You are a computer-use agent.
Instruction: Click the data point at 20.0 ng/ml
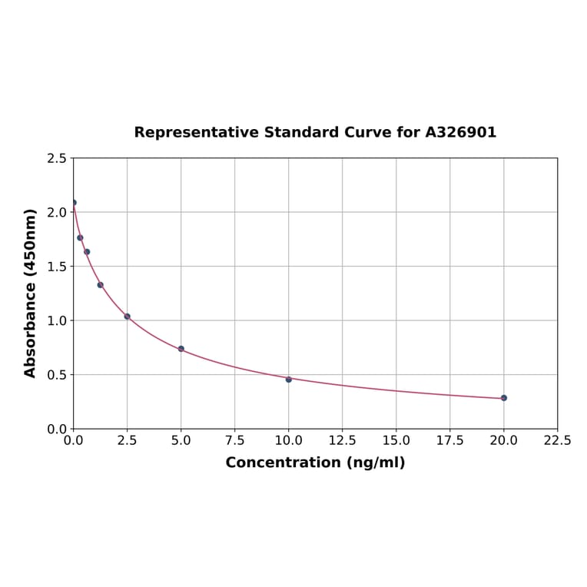pyautogui.click(x=504, y=398)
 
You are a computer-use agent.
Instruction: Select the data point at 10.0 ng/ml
pyautogui.click(x=289, y=380)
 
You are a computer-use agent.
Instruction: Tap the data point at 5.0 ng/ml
pyautogui.click(x=181, y=349)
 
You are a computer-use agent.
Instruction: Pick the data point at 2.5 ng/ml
pyautogui.click(x=128, y=317)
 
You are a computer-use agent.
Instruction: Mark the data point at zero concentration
pyautogui.click(x=74, y=203)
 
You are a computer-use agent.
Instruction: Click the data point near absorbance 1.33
pyautogui.click(x=101, y=285)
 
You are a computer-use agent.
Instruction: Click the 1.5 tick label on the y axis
pyautogui.click(x=56, y=267)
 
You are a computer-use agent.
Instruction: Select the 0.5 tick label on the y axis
pyautogui.click(x=56, y=375)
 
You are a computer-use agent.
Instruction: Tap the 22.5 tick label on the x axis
pyautogui.click(x=557, y=441)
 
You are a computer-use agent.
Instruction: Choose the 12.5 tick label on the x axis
pyautogui.click(x=342, y=441)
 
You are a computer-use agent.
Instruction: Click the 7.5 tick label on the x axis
pyautogui.click(x=234, y=441)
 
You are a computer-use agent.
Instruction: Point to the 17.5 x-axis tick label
pyautogui.click(x=449, y=441)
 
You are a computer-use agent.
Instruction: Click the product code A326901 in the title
pyautogui.click(x=461, y=133)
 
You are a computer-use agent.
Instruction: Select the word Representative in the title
pyautogui.click(x=196, y=133)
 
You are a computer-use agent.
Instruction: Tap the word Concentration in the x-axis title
pyautogui.click(x=283, y=463)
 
